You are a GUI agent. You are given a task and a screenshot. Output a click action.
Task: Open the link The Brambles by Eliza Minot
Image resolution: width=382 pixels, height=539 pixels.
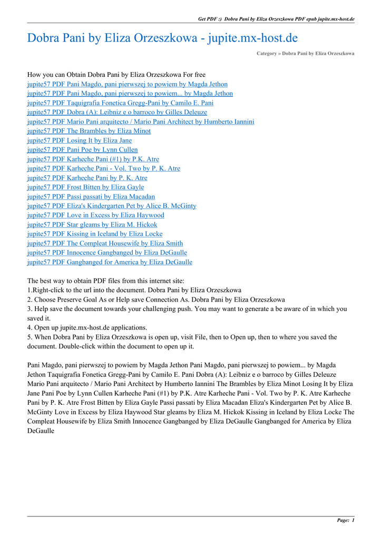pyautogui.click(x=89, y=131)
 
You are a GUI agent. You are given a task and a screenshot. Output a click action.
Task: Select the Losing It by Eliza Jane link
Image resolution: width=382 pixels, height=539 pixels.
pyautogui.click(x=80, y=141)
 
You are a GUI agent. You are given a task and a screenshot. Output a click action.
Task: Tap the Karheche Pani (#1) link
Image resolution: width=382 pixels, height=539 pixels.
pyautogui.click(x=93, y=159)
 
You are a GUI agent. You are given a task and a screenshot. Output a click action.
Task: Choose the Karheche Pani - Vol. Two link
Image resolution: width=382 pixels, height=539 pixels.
pyautogui.click(x=103, y=168)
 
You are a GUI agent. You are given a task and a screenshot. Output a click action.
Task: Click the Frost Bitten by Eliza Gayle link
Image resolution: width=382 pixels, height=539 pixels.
pyautogui.click(x=85, y=187)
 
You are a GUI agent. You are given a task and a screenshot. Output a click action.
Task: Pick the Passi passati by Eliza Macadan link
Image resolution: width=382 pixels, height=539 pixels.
pyautogui.click(x=91, y=197)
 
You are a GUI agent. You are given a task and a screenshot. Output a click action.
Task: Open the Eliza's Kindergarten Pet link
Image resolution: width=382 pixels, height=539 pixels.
pyautogui.click(x=112, y=206)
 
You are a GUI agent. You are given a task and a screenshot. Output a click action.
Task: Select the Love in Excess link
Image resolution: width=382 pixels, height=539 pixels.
pyautogui.click(x=95, y=215)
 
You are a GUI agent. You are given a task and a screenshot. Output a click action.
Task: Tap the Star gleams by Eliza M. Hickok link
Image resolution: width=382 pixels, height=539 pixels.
pyautogui.click(x=92, y=225)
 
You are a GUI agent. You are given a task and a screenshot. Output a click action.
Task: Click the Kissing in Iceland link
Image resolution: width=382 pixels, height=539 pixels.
pyautogui.click(x=95, y=234)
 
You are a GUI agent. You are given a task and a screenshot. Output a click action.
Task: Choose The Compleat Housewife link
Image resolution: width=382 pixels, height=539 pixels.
pyautogui.click(x=105, y=244)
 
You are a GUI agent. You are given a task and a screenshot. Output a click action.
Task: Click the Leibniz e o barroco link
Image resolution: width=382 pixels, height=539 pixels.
pyautogui.click(x=117, y=113)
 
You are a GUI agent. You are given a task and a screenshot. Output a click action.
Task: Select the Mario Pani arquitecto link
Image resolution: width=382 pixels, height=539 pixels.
pyautogui.click(x=140, y=122)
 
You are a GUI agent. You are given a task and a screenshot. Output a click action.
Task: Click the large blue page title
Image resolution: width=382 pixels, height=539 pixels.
pyautogui.click(x=162, y=38)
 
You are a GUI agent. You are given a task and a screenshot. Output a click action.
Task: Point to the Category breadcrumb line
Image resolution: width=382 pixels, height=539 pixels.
pyautogui.click(x=305, y=54)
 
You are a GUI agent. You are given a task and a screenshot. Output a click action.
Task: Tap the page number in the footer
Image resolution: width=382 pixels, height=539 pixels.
pyautogui.click(x=346, y=521)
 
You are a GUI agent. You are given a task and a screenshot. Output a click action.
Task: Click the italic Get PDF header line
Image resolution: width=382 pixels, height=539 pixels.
pyautogui.click(x=276, y=19)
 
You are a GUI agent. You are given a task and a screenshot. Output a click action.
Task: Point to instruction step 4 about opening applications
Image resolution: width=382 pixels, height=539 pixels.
pyautogui.click(x=87, y=327)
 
